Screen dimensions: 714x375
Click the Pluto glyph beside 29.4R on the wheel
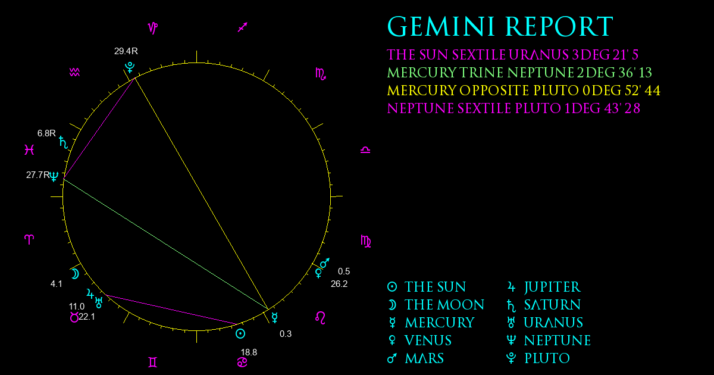[130, 67]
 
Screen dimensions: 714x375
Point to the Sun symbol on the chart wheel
[240, 334]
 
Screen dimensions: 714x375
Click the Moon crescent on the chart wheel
[75, 274]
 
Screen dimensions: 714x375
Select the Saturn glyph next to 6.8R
[64, 142]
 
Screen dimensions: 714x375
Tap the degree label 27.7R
[38, 175]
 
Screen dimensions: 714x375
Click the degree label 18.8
[249, 352]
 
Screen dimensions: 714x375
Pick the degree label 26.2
[339, 284]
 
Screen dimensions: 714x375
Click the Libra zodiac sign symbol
[365, 150]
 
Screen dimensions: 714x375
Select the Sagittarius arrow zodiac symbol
[243, 27]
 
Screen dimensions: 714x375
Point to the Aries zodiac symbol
[29, 239]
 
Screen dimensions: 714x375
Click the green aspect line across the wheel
[166, 244]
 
